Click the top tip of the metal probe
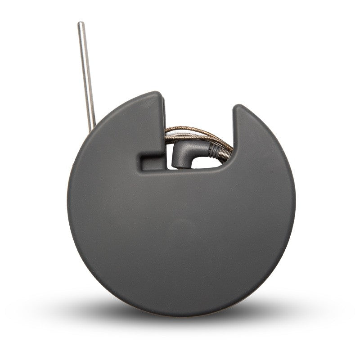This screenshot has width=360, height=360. pyautogui.click(x=81, y=24)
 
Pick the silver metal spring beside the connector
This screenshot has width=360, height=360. pyautogui.click(x=224, y=153)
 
